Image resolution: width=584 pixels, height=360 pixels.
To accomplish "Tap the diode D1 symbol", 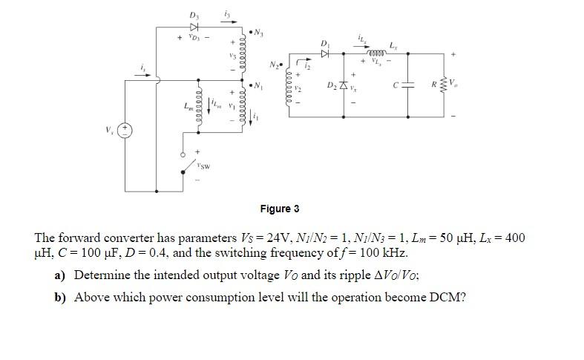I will [x=324, y=54].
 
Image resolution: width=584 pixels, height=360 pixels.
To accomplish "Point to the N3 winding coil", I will [x=243, y=50].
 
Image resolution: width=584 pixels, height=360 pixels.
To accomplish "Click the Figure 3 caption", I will [x=279, y=209].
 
